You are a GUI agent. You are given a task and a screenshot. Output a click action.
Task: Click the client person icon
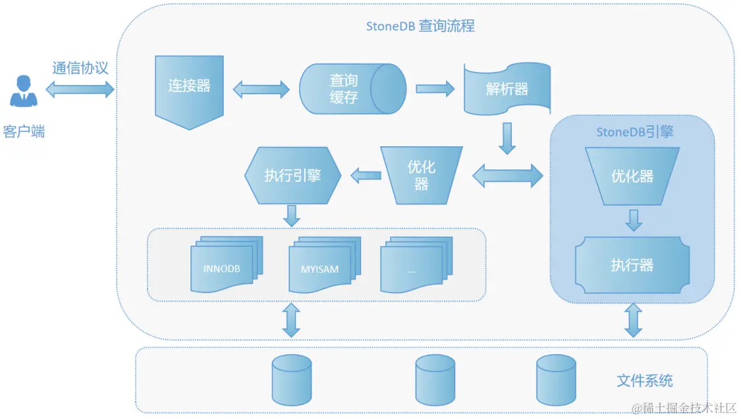coord(24,91)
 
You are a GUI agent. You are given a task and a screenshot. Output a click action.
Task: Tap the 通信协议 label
coord(80,68)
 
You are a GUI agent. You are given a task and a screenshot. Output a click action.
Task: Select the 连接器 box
coord(189,88)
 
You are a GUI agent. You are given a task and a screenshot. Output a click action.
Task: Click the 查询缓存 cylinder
coord(352,90)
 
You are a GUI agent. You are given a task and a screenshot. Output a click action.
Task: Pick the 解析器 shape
coord(507,89)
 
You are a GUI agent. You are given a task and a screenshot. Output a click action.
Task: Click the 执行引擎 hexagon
coord(292,175)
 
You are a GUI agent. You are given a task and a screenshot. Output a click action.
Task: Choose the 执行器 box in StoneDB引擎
coord(632,265)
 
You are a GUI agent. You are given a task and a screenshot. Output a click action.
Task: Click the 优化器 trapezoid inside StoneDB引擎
coord(632,176)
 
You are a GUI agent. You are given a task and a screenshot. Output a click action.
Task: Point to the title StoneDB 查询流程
coord(420,26)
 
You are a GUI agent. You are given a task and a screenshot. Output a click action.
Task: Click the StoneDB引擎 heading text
coord(634,132)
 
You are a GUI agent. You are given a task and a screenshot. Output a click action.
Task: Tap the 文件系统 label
coord(645,381)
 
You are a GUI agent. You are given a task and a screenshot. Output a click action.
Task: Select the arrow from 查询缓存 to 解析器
coord(435,88)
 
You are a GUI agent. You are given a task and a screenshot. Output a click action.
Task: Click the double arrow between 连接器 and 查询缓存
coord(261,89)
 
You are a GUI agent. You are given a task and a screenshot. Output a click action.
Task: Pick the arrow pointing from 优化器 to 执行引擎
coord(366,175)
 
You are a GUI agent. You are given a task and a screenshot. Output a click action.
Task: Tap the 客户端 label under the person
coord(24,131)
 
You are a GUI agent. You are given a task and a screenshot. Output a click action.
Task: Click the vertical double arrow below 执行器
coord(633,320)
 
